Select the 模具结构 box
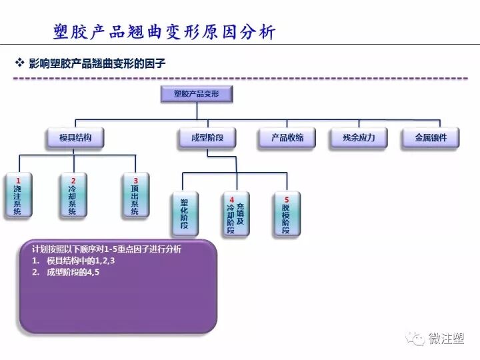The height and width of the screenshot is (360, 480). (x=75, y=138)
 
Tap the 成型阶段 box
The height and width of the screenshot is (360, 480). (x=207, y=138)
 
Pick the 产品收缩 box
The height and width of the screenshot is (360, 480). (x=287, y=138)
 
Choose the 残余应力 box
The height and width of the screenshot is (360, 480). (x=359, y=138)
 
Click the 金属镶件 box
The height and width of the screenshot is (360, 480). (x=431, y=138)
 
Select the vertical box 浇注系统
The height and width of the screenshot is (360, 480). (x=18, y=196)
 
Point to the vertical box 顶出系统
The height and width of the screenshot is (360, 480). (x=135, y=196)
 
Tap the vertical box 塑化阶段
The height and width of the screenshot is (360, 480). (x=184, y=214)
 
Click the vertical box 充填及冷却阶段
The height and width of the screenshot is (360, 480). (x=235, y=214)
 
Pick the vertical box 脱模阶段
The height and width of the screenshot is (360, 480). (x=287, y=214)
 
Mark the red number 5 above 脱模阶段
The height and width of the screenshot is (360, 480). (x=287, y=199)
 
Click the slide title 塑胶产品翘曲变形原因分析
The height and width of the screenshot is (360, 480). (x=163, y=32)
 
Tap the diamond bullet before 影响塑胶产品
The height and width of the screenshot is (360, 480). (x=19, y=63)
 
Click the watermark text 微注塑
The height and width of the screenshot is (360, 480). (x=447, y=339)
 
